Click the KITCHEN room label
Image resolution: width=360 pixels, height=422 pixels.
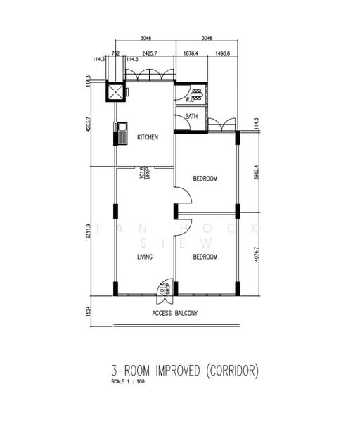click(x=147, y=137)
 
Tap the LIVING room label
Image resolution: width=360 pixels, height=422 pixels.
click(x=145, y=257)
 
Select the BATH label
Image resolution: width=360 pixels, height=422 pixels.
click(x=191, y=117)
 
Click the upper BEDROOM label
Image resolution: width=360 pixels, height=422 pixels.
click(x=205, y=179)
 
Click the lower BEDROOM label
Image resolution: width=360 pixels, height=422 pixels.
click(x=205, y=257)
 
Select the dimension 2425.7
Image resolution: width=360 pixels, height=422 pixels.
click(x=148, y=53)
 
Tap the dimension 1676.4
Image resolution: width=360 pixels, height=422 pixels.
click(x=191, y=53)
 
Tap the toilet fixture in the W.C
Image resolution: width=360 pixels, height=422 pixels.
click(x=196, y=94)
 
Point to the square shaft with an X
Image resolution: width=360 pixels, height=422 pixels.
click(x=115, y=91)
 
